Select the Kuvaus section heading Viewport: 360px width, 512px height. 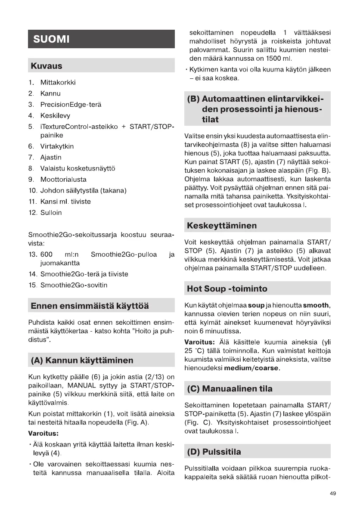(x=46, y=66)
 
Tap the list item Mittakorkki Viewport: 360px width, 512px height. (x=58, y=82)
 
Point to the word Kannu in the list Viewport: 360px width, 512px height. (x=50, y=93)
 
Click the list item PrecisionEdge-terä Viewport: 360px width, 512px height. (x=71, y=105)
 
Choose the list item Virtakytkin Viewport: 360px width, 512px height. (x=57, y=146)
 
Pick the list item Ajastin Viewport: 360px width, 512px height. (x=51, y=158)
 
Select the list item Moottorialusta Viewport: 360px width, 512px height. (x=63, y=180)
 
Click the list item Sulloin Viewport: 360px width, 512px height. (x=51, y=213)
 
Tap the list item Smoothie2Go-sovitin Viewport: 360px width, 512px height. (x=74, y=285)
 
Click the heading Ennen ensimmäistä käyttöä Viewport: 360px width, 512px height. (x=89, y=306)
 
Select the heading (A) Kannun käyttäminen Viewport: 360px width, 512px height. (x=82, y=360)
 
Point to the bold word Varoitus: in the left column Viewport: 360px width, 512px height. (x=43, y=433)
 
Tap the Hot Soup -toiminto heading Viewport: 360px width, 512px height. (x=227, y=289)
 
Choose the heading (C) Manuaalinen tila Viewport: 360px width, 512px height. (x=230, y=389)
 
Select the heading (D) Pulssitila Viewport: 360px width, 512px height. (x=214, y=452)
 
